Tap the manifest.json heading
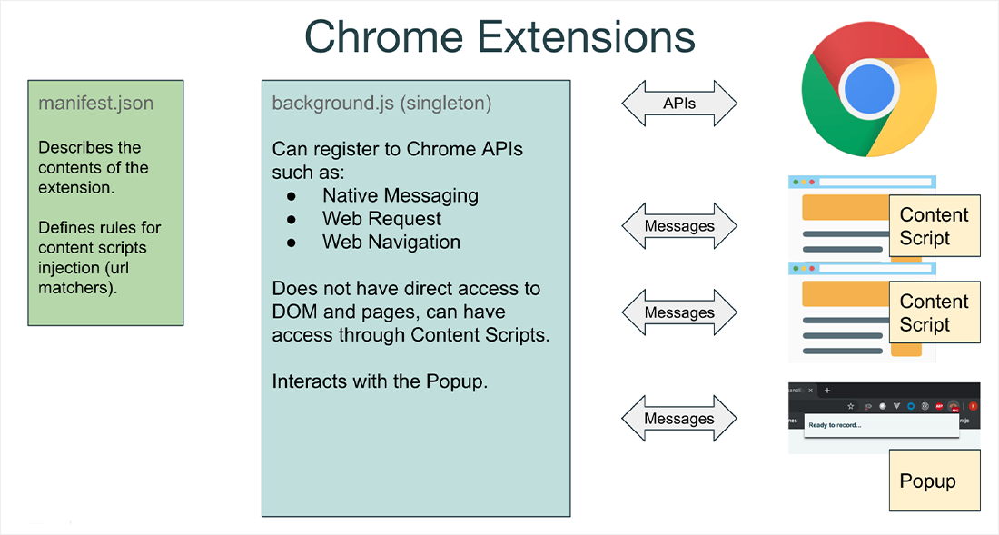tap(95, 103)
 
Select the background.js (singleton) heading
tap(381, 103)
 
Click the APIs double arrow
tap(679, 104)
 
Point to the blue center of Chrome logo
tap(868, 88)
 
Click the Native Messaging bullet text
tap(400, 195)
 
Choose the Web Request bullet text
tap(381, 219)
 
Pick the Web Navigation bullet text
tap(391, 243)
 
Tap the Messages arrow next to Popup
tap(679, 419)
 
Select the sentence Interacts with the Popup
tap(380, 381)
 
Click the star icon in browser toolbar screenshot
tap(850, 405)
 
